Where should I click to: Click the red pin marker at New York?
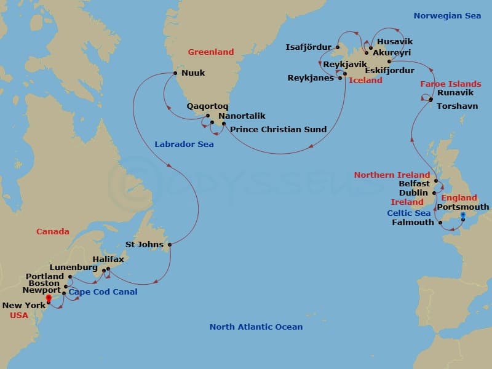[x=48, y=300]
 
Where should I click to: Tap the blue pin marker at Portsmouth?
[x=463, y=215]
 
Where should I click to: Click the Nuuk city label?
[x=194, y=73]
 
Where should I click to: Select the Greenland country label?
[x=211, y=52]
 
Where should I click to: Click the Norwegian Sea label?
[x=447, y=15]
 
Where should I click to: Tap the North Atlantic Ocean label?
[x=256, y=327]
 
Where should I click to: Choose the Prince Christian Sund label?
[x=279, y=129]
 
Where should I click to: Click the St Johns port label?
[x=145, y=244]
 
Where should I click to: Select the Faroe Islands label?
[x=451, y=84]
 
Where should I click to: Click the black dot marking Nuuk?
[x=175, y=73]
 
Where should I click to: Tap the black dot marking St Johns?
[x=169, y=245]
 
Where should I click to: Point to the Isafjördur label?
[x=309, y=47]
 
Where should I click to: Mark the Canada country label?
[x=53, y=231]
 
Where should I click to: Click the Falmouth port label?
[x=413, y=222]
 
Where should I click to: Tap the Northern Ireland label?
[x=392, y=175]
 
